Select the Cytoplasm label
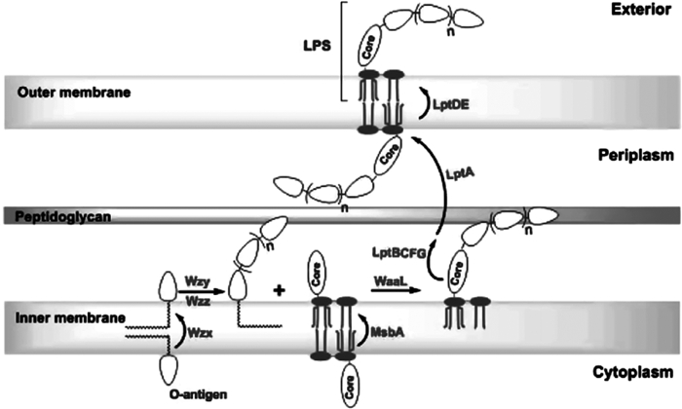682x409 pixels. coord(637,374)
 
